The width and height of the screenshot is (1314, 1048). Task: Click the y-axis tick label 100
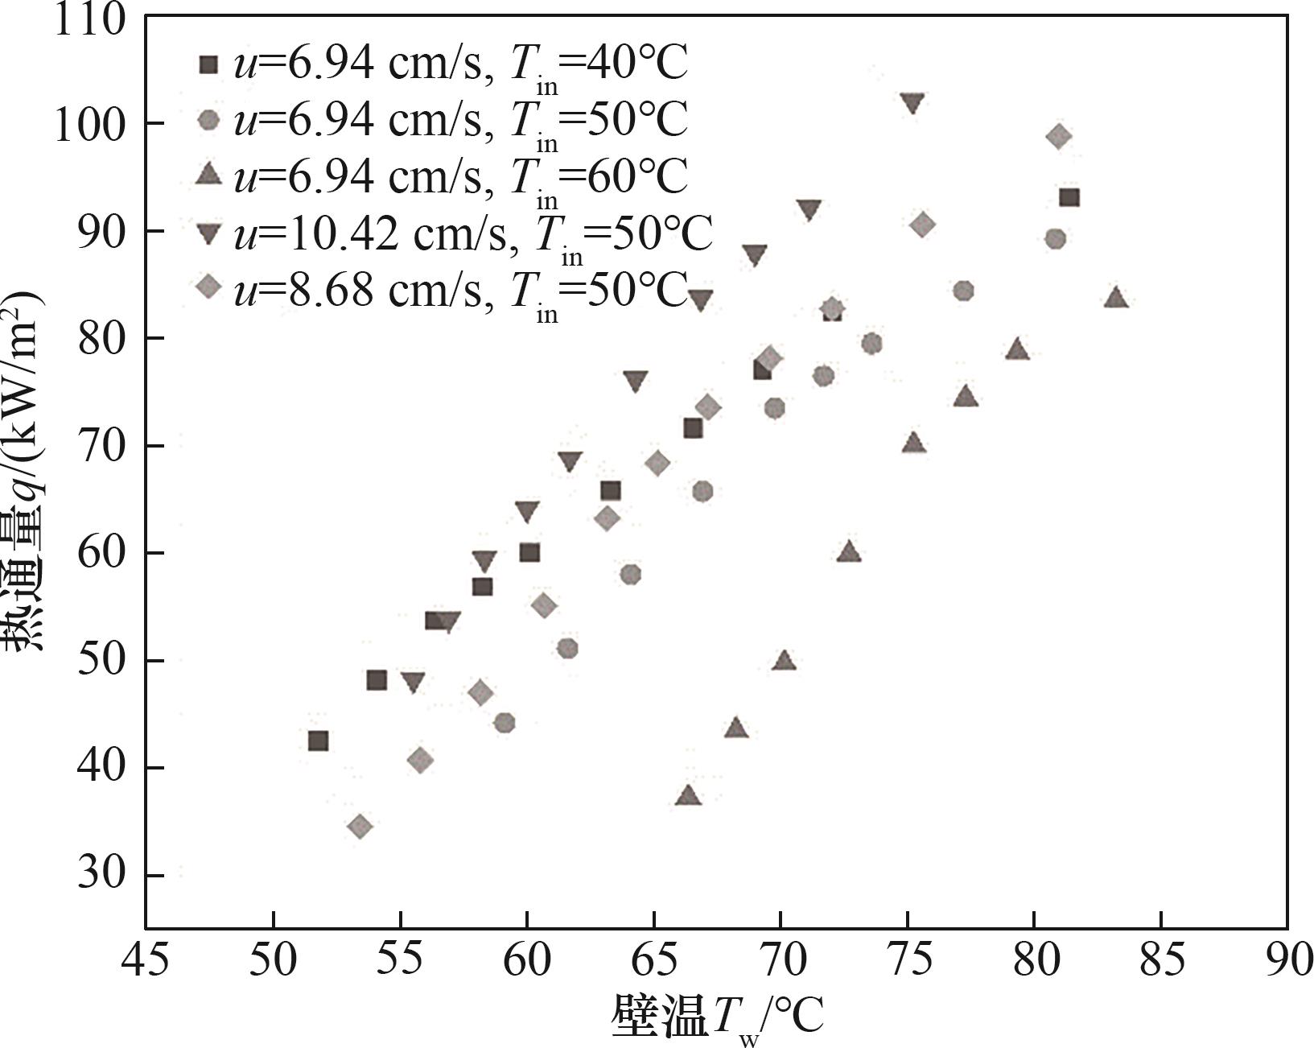coord(89,124)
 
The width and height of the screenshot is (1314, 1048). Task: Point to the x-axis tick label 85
coord(1161,959)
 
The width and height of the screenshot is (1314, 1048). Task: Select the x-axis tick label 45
coord(146,959)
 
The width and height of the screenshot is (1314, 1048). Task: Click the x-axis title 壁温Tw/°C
coord(717,1016)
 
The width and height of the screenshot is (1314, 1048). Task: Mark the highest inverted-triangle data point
coord(912,103)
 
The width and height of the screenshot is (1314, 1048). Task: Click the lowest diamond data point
coord(360,826)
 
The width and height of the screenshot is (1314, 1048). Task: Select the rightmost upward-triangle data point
coord(1115,298)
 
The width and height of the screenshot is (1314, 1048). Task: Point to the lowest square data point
coord(318,741)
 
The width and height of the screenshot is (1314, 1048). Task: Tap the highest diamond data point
coord(1059,136)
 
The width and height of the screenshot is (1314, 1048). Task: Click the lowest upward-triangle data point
coord(689,795)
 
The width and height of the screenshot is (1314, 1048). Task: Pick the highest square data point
coord(1069,198)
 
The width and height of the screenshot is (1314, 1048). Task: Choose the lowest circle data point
coord(505,723)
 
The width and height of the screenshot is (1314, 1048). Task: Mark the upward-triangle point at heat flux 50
coord(784,661)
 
